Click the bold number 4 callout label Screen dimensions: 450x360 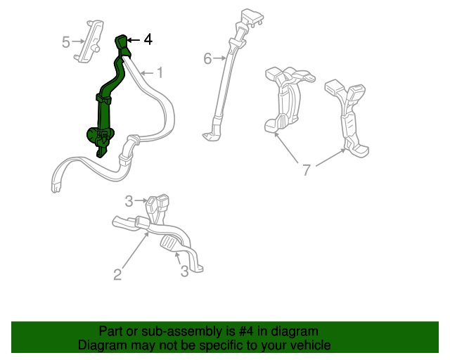[x=148, y=39]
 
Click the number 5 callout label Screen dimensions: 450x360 [x=66, y=42]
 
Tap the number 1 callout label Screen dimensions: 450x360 [x=160, y=72]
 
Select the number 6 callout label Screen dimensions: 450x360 [x=207, y=58]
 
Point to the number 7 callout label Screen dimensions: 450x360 [x=307, y=170]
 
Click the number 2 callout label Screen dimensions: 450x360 [x=117, y=274]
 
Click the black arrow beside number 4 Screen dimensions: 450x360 [x=134, y=40]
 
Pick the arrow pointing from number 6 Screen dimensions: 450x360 [x=219, y=58]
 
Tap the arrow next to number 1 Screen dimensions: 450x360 [x=147, y=73]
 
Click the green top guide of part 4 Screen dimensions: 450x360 [x=121, y=42]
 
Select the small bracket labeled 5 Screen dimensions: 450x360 [x=89, y=41]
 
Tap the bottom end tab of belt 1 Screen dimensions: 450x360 [x=56, y=188]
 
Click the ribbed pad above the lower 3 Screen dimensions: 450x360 [x=169, y=244]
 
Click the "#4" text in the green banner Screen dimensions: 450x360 [x=246, y=331]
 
